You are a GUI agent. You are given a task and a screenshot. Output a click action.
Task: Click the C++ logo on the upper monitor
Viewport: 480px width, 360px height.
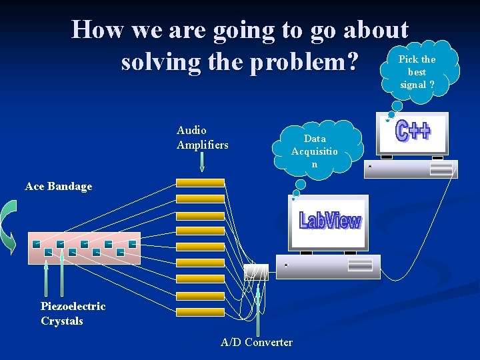click(x=413, y=131)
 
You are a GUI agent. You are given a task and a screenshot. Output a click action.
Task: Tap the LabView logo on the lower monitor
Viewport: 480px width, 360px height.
click(x=330, y=221)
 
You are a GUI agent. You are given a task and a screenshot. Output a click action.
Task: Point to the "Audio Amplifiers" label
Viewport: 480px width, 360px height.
click(x=202, y=137)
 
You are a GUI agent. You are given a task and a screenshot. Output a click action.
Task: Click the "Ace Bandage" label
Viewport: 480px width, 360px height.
click(x=59, y=186)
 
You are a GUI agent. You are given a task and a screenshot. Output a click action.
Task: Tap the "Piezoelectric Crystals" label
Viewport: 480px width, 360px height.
click(x=73, y=313)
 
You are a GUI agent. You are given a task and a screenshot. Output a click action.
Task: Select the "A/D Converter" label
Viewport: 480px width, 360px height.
click(x=257, y=342)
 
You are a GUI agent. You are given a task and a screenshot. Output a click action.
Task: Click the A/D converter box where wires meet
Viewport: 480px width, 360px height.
click(x=256, y=272)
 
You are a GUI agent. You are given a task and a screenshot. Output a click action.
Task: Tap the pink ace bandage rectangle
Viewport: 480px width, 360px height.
click(x=84, y=248)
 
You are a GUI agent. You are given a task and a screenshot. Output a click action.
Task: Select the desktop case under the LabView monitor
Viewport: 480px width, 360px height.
click(x=329, y=266)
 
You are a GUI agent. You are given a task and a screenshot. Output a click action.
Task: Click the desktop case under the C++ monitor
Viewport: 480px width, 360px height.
click(x=411, y=169)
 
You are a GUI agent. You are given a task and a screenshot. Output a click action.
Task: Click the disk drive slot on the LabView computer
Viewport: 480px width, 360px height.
click(x=360, y=265)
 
